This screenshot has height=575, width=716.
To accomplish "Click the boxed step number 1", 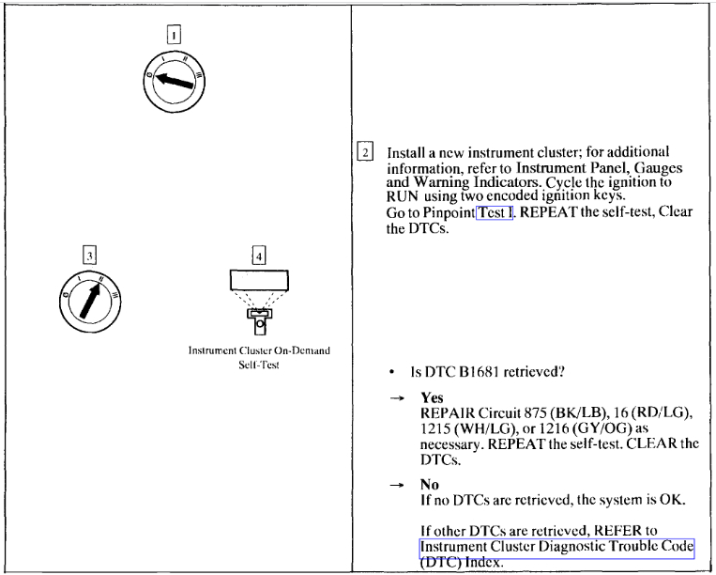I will click(x=175, y=36).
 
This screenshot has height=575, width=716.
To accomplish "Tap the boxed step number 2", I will click(x=365, y=153).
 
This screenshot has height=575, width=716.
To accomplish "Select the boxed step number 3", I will click(x=89, y=255).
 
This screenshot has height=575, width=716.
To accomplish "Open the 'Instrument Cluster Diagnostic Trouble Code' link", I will click(x=556, y=548).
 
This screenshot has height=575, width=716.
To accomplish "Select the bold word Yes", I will click(x=432, y=397).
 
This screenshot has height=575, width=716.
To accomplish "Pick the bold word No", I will click(x=430, y=485).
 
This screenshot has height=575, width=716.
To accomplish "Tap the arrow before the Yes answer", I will click(x=393, y=398).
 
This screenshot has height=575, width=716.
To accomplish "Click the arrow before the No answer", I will click(x=393, y=486).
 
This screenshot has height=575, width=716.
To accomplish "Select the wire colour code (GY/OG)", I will click(x=596, y=428).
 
